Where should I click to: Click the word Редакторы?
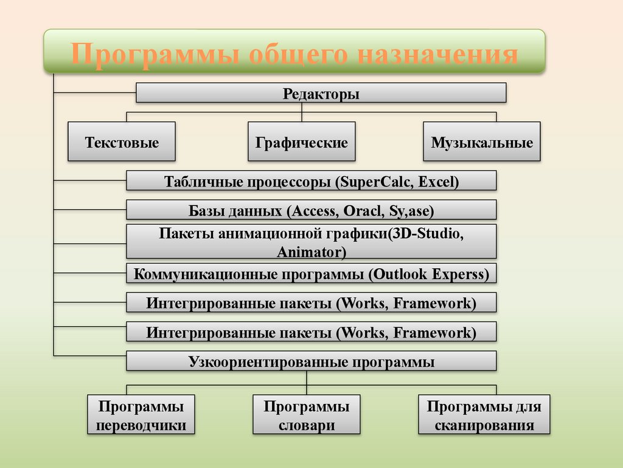tap(321, 94)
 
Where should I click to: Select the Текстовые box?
tap(122, 143)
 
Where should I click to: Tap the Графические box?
tap(302, 143)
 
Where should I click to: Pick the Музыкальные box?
tap(482, 143)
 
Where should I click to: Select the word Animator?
tap(311, 251)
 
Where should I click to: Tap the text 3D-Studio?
tap(426, 234)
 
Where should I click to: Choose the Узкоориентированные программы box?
tap(311, 362)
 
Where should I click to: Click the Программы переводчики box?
tap(141, 415)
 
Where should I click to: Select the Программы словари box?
tap(307, 415)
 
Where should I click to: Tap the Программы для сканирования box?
tap(484, 415)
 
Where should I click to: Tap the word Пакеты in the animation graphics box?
tap(183, 234)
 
